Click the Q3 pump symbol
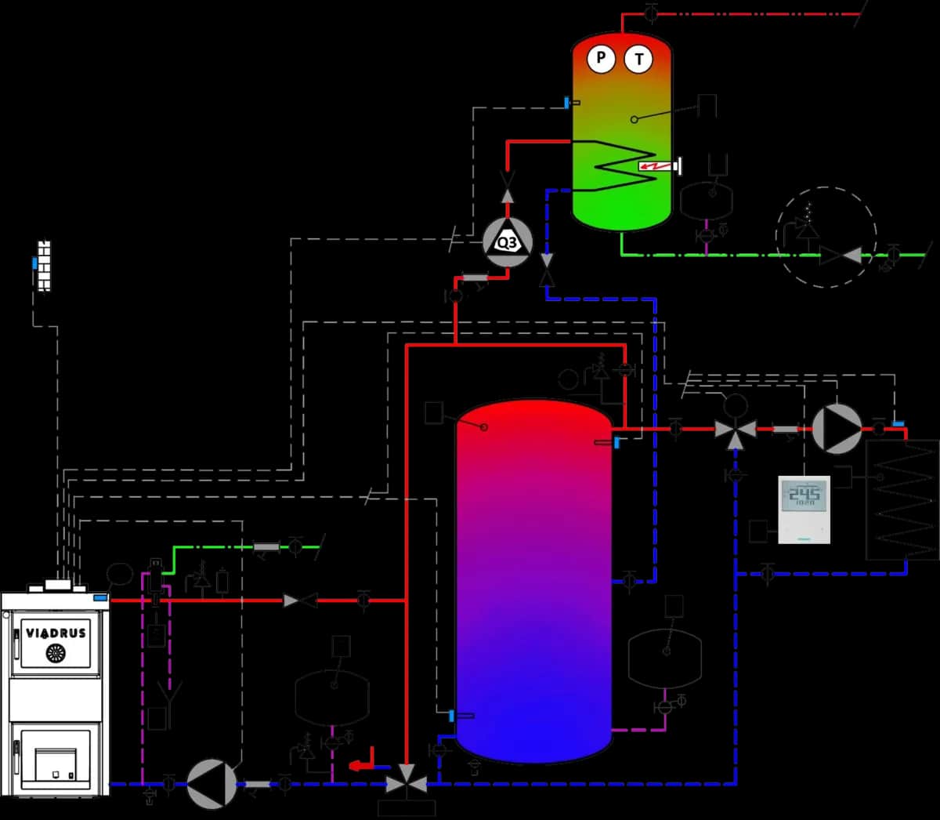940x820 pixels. coord(507,243)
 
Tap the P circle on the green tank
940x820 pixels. coord(601,58)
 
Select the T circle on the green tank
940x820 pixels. coord(638,59)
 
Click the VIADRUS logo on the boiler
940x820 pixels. coord(56,633)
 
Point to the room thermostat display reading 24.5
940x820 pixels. coord(804,494)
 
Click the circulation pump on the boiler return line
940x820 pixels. coord(211,783)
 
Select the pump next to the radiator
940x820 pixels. coord(837,429)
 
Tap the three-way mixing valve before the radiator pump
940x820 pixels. coord(735,430)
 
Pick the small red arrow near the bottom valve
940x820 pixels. coord(360,765)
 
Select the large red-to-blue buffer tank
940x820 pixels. coord(533,580)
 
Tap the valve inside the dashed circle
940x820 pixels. coord(839,255)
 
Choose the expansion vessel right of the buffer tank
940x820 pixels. coord(664,659)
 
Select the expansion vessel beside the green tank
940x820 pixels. coord(706,201)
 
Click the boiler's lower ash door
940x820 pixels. coord(55,757)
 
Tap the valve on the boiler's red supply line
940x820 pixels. coord(300,600)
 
